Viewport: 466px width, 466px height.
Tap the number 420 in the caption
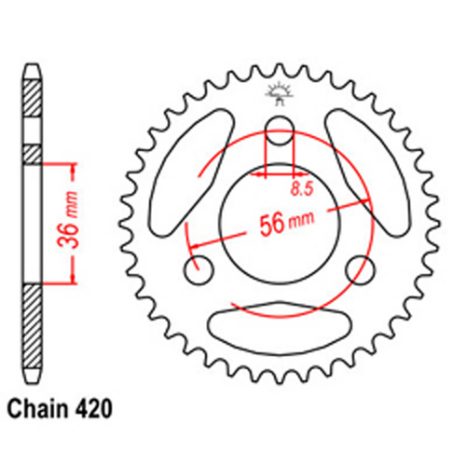[x=97, y=407]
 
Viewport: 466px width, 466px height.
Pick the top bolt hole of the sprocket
[x=280, y=131]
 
